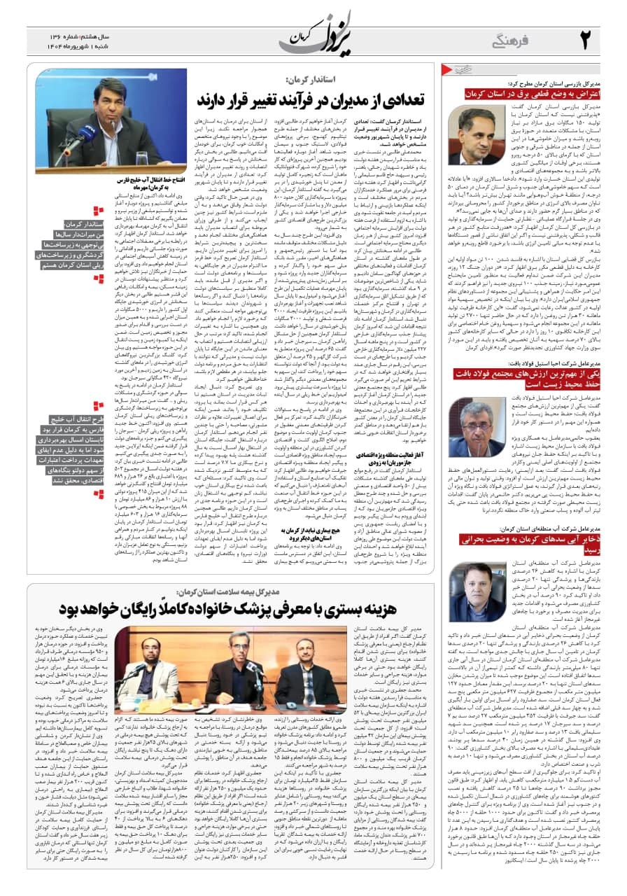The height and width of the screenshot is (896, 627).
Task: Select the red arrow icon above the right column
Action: point(457,70)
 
